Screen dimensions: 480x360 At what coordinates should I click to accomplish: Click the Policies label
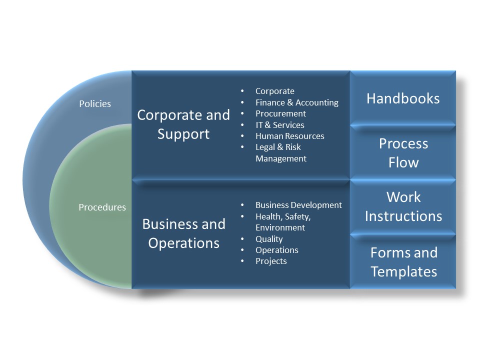coord(95,104)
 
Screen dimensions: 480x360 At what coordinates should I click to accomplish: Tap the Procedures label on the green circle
coord(102,207)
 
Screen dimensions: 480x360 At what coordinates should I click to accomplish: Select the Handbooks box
coord(403,98)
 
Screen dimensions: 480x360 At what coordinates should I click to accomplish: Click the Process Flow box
coord(403,152)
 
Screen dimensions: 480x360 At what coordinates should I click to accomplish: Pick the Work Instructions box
coord(403,207)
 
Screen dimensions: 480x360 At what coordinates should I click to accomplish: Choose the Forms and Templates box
coord(403,261)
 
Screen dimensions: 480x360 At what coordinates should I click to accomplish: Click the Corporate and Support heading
coord(183,124)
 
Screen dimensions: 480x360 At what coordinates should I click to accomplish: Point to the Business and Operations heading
coord(183,233)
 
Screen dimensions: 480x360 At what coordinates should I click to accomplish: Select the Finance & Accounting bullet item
coord(297,102)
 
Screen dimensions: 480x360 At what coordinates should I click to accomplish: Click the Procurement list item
coord(280,113)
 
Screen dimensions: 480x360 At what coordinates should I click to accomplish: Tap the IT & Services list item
coord(280,125)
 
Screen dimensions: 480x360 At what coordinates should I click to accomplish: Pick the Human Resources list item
coord(290,136)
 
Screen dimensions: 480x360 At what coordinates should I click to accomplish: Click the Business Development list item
coord(299,205)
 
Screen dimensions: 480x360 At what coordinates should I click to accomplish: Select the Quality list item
coord(269,239)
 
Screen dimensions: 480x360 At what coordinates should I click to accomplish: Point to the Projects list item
coord(271,261)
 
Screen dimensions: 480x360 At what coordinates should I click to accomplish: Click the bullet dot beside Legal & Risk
coord(242,147)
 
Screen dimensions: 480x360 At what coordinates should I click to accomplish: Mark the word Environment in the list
coord(280,227)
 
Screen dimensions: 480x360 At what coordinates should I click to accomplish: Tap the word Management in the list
coord(281,158)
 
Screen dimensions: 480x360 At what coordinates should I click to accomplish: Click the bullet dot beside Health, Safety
coord(242,216)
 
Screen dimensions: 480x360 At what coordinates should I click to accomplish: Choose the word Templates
coord(404,271)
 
